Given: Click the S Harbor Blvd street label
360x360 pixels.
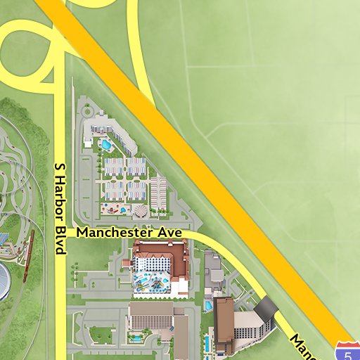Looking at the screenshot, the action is click(60, 209).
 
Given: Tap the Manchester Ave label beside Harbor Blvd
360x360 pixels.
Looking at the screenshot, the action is click(129, 232).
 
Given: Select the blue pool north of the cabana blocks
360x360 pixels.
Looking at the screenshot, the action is click(106, 146).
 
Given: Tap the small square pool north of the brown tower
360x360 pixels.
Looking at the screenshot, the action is click(208, 306).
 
